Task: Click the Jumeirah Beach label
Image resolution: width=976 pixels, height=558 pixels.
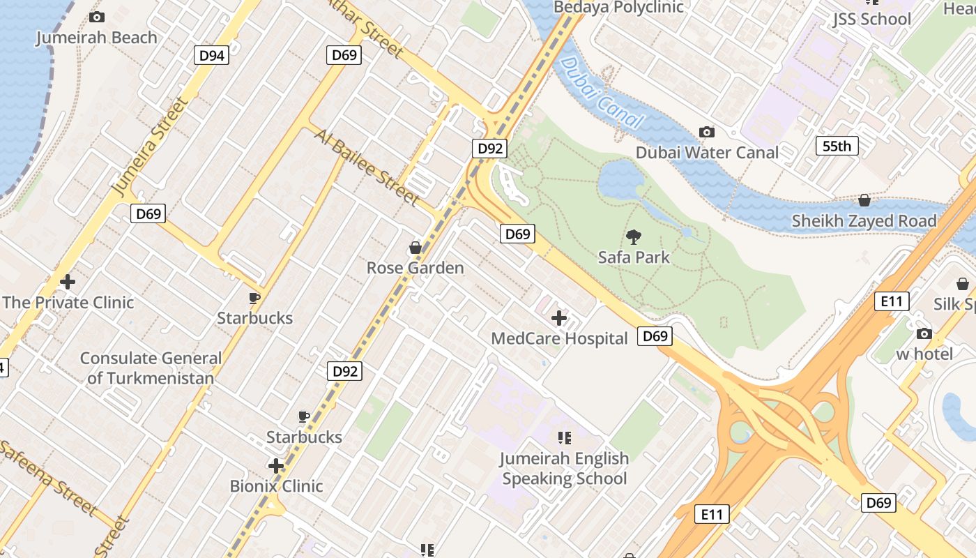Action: [97, 38]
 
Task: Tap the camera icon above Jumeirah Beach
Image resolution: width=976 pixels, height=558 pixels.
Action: [97, 17]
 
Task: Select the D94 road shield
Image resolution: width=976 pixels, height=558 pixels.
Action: [211, 56]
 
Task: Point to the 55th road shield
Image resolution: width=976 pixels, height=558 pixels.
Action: [837, 146]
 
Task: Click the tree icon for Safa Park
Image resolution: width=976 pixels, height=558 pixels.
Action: [634, 237]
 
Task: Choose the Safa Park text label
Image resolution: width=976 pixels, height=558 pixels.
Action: [634, 257]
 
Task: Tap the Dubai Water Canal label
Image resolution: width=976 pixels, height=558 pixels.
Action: [707, 152]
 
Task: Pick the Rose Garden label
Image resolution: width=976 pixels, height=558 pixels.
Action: [415, 268]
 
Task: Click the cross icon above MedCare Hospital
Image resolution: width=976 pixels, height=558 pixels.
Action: [559, 319]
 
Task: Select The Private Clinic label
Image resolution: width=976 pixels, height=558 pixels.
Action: [68, 302]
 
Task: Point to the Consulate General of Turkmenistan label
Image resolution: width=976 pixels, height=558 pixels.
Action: [151, 368]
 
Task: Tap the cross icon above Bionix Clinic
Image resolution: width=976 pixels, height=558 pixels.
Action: [276, 465]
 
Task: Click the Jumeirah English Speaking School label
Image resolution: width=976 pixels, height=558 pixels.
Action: [565, 468]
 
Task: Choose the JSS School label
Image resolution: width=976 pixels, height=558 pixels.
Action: [871, 19]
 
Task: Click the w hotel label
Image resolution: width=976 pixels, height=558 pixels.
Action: [924, 354]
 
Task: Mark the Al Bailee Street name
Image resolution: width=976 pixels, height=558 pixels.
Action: [367, 167]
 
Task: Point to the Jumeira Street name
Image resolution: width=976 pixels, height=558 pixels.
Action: [150, 146]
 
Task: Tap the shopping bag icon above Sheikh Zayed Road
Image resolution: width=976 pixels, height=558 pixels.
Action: [864, 200]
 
